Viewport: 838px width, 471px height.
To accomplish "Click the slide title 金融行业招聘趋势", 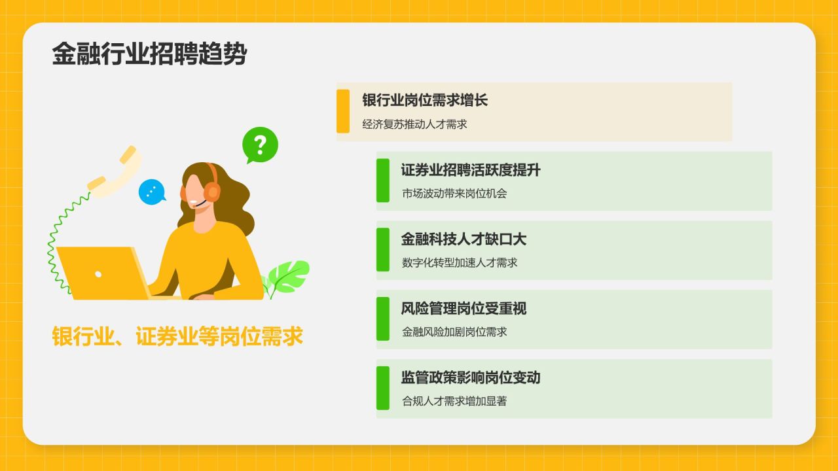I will tap(149, 54).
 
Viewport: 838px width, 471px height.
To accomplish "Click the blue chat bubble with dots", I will tap(151, 192).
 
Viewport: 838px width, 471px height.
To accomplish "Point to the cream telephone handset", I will tap(115, 171).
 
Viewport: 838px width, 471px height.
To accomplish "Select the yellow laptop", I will tap(105, 273).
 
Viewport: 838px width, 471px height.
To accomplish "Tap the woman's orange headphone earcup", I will tap(211, 191).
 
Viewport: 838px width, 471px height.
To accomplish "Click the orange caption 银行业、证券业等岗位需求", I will tap(177, 337).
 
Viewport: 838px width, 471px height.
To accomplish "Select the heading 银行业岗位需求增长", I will tap(425, 100).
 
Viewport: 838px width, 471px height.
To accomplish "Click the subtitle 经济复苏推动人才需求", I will tap(414, 124).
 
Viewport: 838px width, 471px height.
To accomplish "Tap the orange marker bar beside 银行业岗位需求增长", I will tap(343, 111).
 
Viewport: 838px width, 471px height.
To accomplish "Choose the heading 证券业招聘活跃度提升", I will tap(471, 170).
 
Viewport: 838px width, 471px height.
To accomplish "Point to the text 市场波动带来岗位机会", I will tap(454, 193).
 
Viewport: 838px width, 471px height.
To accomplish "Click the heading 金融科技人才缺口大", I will tap(464, 239).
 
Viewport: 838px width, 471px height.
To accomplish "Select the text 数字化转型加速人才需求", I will tap(460, 262).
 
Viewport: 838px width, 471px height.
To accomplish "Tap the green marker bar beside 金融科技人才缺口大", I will tap(383, 249).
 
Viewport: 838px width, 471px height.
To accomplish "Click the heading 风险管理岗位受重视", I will tap(464, 309).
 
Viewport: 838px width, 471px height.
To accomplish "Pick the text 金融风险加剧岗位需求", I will tap(454, 332).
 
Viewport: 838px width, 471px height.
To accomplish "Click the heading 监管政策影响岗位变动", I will tap(471, 377).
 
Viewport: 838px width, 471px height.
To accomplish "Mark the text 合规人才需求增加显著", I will tap(454, 401).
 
